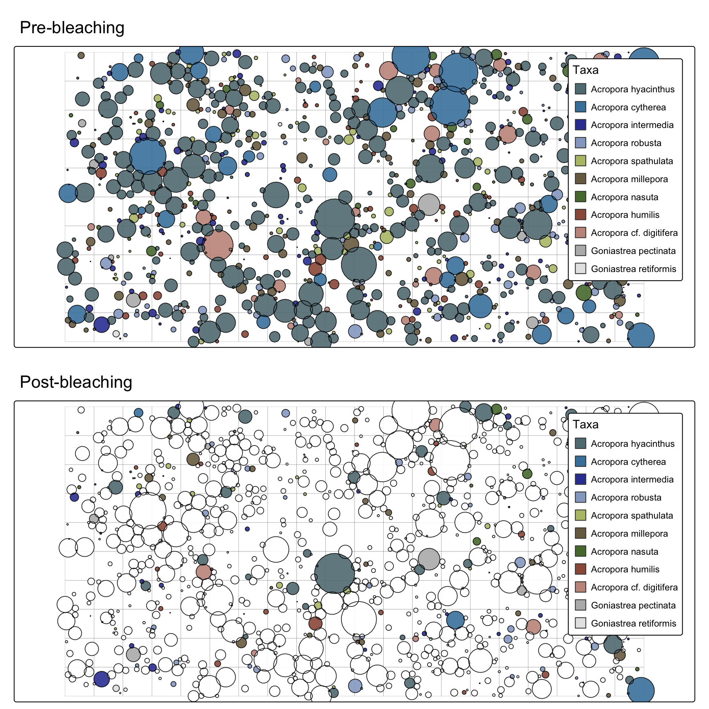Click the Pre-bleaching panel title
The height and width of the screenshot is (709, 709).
[x=72, y=28]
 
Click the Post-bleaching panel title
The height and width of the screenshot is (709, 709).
[x=76, y=382]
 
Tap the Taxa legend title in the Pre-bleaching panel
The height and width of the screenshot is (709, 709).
[x=585, y=70]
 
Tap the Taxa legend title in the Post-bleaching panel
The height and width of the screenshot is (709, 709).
[x=585, y=425]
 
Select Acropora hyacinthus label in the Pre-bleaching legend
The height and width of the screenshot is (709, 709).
[x=632, y=89]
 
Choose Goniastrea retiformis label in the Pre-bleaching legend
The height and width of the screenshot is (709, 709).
[x=633, y=269]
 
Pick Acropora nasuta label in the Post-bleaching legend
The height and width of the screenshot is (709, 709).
[x=624, y=552]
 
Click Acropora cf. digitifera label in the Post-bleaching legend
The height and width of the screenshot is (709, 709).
[x=634, y=588]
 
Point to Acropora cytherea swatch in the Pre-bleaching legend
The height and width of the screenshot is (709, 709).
[x=580, y=107]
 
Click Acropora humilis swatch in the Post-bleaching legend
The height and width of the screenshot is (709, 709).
[x=580, y=569]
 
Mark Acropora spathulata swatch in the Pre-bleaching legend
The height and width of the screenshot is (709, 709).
[x=580, y=161]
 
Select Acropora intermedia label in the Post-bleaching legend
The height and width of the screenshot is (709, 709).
[x=632, y=480]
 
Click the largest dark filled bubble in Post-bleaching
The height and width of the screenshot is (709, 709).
[x=334, y=573]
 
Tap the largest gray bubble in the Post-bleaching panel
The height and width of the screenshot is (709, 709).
[x=429, y=559]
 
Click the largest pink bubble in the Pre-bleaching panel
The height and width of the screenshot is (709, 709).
[x=217, y=245]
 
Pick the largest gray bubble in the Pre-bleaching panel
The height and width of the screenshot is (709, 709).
[x=429, y=205]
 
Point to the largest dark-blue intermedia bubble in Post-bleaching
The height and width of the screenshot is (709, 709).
[x=101, y=679]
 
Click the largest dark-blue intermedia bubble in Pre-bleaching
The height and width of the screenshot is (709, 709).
[x=101, y=324]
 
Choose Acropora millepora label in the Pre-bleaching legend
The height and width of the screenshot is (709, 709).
[x=629, y=179]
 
